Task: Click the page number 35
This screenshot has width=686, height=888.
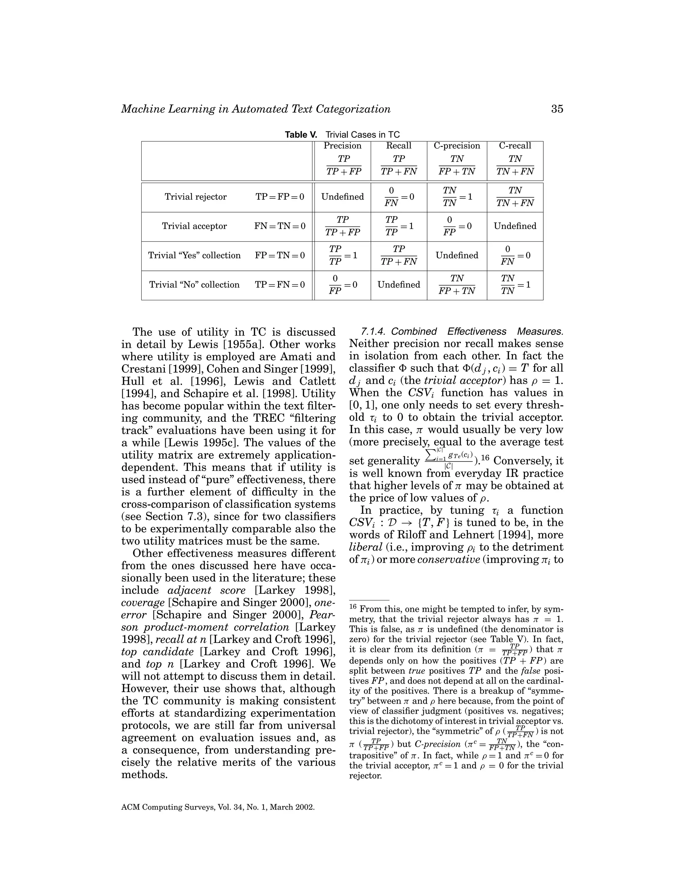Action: point(557,109)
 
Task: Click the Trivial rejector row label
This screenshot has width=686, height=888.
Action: point(196,197)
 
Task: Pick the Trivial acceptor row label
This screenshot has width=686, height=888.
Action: point(194,226)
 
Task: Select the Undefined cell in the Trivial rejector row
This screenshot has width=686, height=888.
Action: point(342,197)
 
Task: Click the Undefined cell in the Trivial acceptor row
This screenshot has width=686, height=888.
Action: point(515,226)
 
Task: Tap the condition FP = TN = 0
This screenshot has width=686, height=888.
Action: point(280,255)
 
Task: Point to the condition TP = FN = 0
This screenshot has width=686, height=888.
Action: point(280,284)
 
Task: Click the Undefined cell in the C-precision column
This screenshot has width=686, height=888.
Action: point(457,255)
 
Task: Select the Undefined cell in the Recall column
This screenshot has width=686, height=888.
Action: point(399,284)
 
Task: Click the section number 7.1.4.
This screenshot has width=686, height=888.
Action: point(374,332)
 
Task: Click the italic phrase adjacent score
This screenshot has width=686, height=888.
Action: point(206,590)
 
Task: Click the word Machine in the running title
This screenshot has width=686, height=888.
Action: point(142,109)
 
